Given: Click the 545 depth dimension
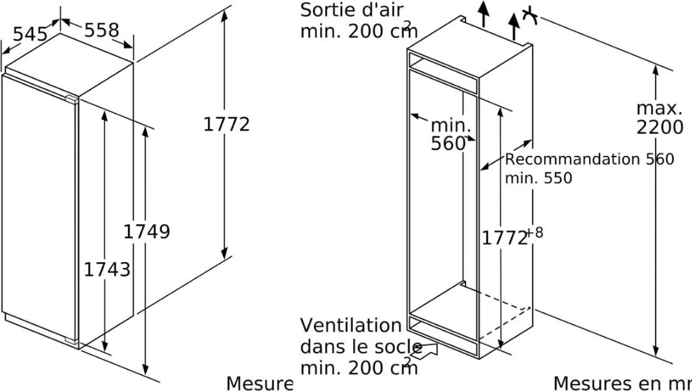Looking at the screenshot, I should [30, 34].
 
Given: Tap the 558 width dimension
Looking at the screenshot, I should [101, 30].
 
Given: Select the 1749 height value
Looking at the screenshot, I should [147, 232].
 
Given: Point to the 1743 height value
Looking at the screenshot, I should [107, 270].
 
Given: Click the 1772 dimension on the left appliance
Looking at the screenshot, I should [226, 124].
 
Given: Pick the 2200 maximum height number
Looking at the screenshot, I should [660, 127].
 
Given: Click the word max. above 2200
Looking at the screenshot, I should [659, 108].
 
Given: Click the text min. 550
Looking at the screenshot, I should [538, 178].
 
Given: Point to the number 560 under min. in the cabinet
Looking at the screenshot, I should [448, 143].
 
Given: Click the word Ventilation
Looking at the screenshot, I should [351, 325].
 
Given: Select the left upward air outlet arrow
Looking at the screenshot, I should [484, 14].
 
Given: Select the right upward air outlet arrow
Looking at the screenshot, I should [514, 25].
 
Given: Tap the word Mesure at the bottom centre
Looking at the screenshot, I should [259, 384].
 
